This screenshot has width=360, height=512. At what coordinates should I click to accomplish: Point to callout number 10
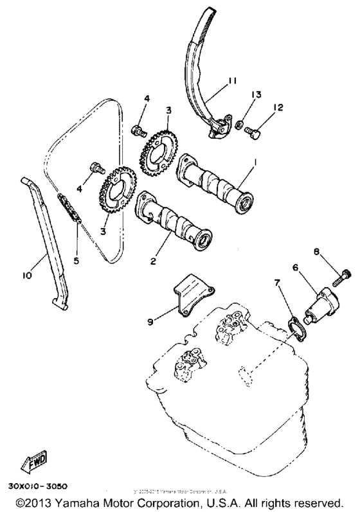27,276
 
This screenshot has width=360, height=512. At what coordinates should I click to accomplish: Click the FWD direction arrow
32,461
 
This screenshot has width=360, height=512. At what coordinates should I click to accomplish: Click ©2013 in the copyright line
37,501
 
